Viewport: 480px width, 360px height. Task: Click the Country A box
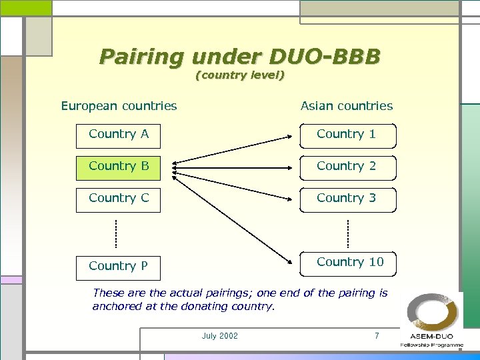pos(118,135)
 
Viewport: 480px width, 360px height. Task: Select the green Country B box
pos(118,167)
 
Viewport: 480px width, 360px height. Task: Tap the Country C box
pos(118,199)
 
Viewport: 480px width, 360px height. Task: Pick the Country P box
pos(118,266)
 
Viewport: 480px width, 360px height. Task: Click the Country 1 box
pos(347,135)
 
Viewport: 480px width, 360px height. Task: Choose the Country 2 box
pos(347,167)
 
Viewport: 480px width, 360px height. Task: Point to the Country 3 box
pos(347,199)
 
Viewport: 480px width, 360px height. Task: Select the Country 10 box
pos(347,263)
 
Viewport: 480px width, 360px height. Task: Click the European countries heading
pos(119,106)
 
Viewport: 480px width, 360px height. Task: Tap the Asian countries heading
pos(347,106)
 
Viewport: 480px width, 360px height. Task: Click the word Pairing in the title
pos(140,56)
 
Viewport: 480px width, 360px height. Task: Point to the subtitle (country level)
pos(240,75)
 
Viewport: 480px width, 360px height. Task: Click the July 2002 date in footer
pos(219,336)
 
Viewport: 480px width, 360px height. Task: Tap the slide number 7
pos(377,336)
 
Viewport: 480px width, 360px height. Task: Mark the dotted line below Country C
pos(115,233)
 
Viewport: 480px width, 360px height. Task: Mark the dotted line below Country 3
pos(348,233)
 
